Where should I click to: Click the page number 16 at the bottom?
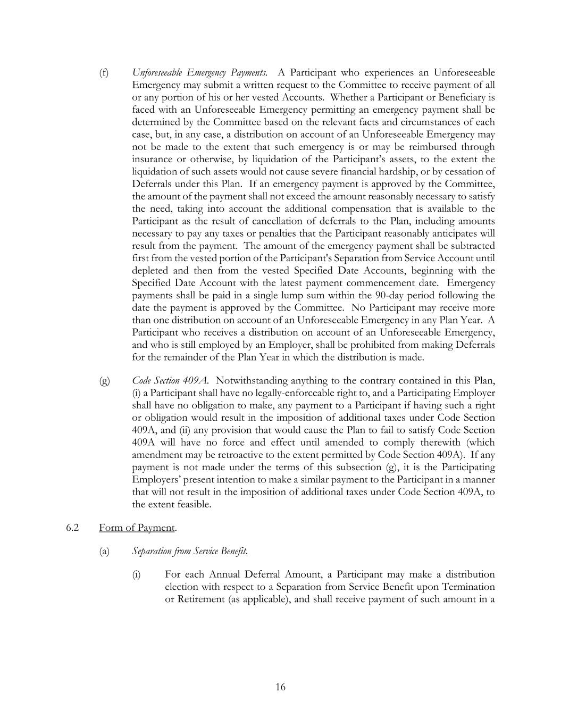coord(280,687)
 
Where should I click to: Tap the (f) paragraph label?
coord(104,73)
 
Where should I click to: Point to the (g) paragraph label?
coord(104,381)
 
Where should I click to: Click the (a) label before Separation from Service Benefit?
coord(104,552)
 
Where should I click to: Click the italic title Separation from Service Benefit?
coord(190,552)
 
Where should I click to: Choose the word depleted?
coord(150,271)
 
